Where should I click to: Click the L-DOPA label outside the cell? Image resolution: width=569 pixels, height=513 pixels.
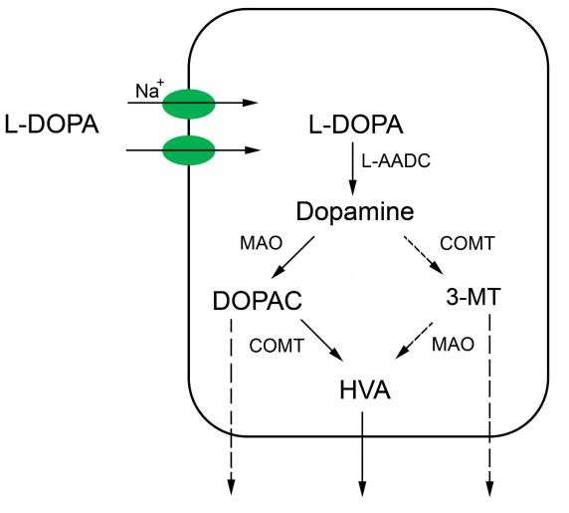pos(52,125)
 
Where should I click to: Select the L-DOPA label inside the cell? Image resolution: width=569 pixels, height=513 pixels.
pos(356,125)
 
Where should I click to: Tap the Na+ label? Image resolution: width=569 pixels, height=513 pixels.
pos(149,90)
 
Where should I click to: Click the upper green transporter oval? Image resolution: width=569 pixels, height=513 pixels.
pos(189,104)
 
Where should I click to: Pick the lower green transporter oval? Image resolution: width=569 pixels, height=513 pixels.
pos(189,150)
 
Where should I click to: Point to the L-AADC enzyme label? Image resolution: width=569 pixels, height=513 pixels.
pos(396,160)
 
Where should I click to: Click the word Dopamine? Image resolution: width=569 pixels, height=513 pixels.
pos(355,211)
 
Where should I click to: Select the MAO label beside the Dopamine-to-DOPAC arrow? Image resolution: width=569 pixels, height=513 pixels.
pos(261,243)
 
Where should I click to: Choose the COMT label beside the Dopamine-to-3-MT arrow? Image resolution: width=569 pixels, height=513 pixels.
pos(468,243)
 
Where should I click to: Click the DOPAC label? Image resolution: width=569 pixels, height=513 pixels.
pos(258,301)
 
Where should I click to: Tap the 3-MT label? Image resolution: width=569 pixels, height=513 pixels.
pos(474,297)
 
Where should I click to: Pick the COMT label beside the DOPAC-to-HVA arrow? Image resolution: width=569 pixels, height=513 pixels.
pos(277,345)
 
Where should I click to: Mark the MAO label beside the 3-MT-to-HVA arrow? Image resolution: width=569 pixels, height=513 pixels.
pos(453,344)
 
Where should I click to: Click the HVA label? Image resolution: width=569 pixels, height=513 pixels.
pos(365,390)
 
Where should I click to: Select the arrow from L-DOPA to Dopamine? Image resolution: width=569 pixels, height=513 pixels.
pos(352,169)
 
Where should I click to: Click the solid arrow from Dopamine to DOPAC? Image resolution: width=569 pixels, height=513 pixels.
pos(292,257)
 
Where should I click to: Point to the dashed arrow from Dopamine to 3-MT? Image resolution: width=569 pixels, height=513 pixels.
pos(423,255)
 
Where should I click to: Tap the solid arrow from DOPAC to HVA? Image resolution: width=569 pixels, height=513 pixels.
pos(322,341)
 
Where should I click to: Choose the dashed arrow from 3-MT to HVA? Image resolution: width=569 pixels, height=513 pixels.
pos(414,340)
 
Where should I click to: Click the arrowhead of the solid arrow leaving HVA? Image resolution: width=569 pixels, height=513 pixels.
pos(362,489)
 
